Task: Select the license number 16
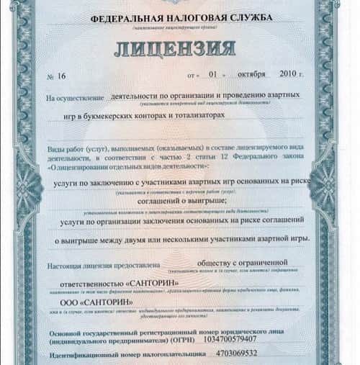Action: pyautogui.click(x=62, y=75)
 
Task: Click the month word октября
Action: pyautogui.click(x=251, y=73)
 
